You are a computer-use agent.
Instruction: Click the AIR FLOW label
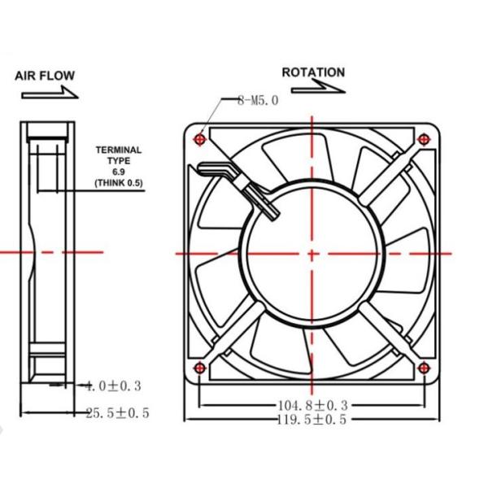tap(45, 76)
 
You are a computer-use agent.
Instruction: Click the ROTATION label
tap(313, 72)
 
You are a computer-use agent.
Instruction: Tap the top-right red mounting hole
tap(422, 140)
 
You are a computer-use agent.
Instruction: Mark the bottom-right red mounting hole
tap(422, 369)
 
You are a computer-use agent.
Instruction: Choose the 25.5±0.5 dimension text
tap(117, 413)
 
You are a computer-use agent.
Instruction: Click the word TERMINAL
tap(119, 150)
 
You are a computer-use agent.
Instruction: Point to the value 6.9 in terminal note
tap(119, 172)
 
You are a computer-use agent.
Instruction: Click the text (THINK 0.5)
tap(119, 184)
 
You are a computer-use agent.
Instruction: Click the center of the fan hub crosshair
tap(312, 253)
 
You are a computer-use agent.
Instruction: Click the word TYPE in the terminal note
tap(119, 161)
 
